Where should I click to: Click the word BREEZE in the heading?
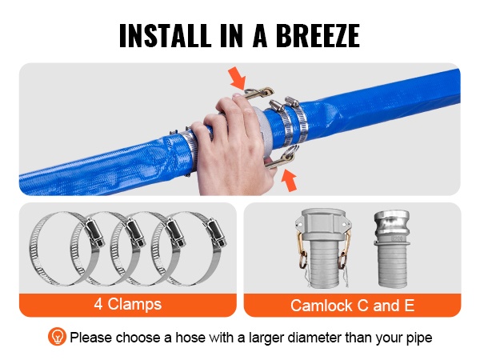pos(318,35)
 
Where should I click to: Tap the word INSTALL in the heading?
pos(166,35)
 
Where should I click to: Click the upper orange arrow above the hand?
pos(237,78)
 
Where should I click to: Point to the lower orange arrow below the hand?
pos(289,180)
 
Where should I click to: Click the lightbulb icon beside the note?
pos(57,337)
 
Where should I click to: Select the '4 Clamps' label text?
pos(128,304)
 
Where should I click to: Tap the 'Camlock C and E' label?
pos(352,306)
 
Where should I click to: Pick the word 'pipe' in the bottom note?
pos(419,338)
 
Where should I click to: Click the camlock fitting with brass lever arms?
pos(323,248)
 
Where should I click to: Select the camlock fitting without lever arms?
pos(391,249)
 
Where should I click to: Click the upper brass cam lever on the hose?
pos(259,93)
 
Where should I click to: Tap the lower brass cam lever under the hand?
pos(281,158)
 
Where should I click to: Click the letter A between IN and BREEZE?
pos(259,35)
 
